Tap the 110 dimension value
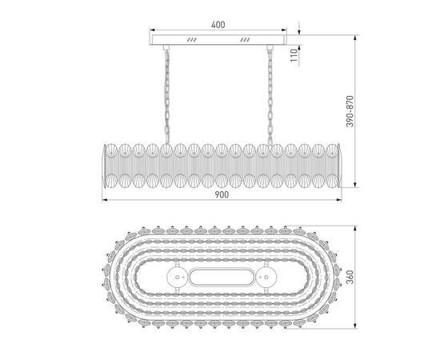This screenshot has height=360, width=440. point(294,55)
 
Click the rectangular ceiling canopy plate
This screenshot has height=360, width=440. point(217,39)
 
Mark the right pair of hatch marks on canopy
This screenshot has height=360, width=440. point(245,39)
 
